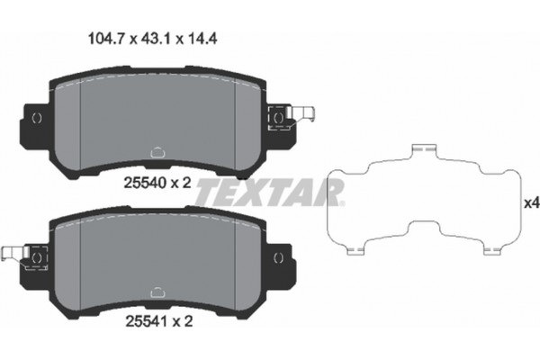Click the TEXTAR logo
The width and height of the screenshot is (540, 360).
point(270,191)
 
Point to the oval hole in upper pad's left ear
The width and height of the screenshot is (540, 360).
point(36,118)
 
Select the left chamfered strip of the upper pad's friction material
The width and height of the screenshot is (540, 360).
point(67,121)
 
